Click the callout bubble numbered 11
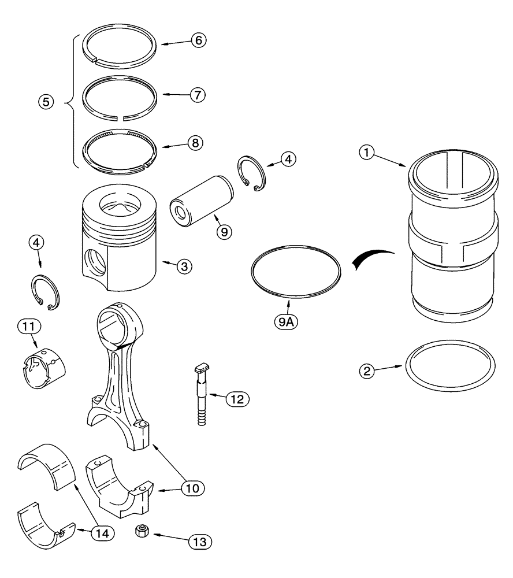29,327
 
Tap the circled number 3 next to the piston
184,266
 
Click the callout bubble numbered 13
199,542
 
